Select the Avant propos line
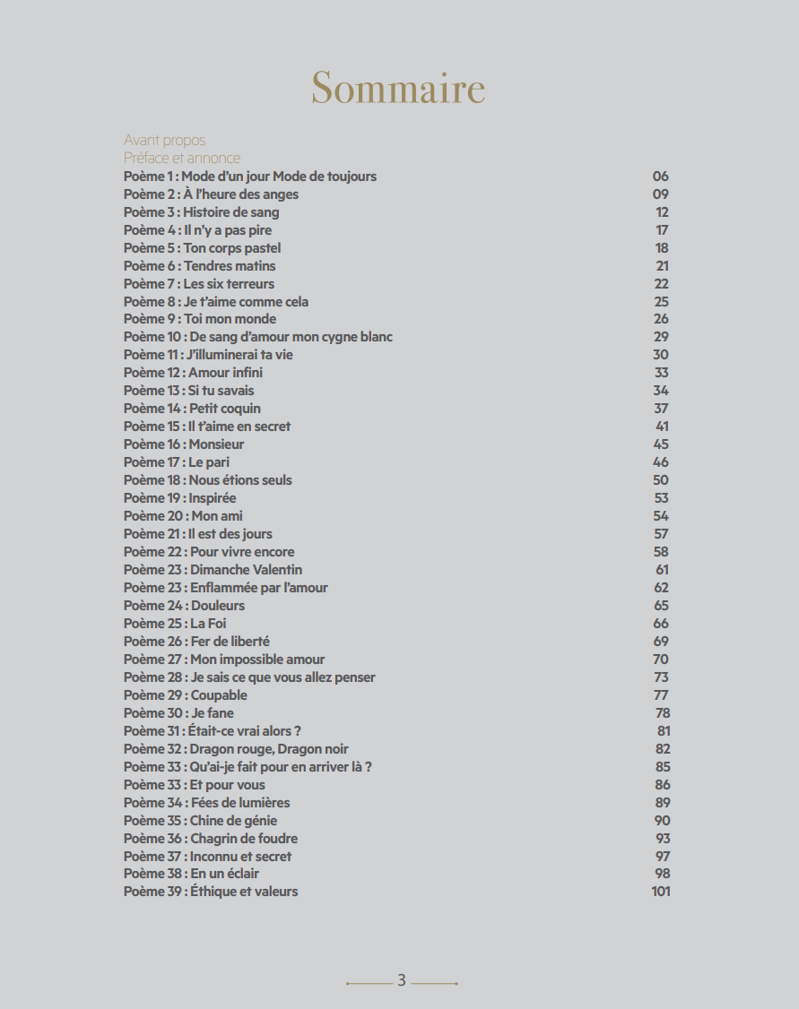(164, 141)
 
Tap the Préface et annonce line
(182, 159)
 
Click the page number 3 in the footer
(402, 980)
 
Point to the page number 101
(661, 892)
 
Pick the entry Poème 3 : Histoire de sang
(202, 212)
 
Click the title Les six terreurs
(230, 284)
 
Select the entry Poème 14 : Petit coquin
(192, 409)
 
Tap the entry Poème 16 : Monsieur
(184, 444)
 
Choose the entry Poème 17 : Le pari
(177, 462)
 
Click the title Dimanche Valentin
(247, 570)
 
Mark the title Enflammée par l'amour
(259, 588)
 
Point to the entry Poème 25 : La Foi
(172, 624)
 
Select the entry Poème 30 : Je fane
(178, 713)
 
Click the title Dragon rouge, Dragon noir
(269, 749)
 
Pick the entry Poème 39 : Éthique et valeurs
(211, 892)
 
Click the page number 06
(661, 177)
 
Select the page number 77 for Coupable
(662, 695)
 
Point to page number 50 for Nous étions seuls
(661, 480)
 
